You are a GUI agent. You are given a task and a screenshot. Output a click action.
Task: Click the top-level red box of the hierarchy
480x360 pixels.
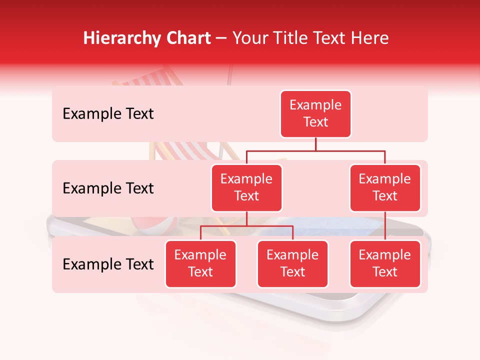point(315,113)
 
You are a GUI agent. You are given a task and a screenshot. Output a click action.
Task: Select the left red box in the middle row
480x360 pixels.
point(246,187)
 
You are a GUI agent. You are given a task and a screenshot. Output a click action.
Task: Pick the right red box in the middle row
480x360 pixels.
point(385,187)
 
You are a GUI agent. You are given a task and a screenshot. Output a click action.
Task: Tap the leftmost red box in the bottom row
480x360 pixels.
point(200,263)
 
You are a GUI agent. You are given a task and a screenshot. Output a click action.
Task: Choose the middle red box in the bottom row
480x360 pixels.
point(292,263)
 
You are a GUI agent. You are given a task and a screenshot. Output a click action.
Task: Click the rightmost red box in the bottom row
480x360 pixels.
point(385,263)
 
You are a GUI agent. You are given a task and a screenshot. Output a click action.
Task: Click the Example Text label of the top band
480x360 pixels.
point(108,114)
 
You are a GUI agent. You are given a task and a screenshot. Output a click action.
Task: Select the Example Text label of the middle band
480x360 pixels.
point(108,188)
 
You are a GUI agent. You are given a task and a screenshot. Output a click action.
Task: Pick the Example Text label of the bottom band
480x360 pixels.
point(108,264)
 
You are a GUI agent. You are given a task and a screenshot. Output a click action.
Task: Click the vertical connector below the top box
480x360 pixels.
point(315,144)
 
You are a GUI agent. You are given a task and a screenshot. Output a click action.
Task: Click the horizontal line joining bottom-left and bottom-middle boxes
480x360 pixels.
point(246,226)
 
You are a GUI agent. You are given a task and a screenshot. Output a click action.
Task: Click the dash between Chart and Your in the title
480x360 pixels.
point(221,39)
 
